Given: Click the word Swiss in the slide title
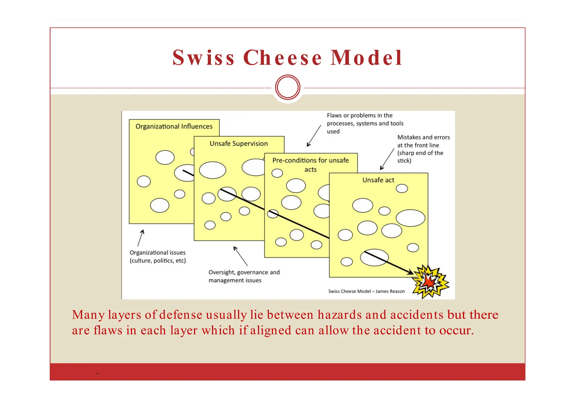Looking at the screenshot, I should pyautogui.click(x=203, y=58).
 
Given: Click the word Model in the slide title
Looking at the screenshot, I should pyautogui.click(x=366, y=58).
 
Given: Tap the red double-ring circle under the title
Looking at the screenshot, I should pyautogui.click(x=288, y=87).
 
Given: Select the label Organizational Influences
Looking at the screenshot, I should pyautogui.click(x=174, y=126).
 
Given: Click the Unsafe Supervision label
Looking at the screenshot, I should pyautogui.click(x=239, y=144).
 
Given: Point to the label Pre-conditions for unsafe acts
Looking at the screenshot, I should pyautogui.click(x=311, y=164).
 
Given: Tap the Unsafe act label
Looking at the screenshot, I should pyautogui.click(x=378, y=180).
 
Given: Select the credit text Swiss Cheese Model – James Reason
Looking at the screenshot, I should pyautogui.click(x=366, y=291).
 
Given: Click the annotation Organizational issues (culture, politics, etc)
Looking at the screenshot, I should pyautogui.click(x=158, y=256).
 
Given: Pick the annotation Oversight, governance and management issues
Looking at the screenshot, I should pyautogui.click(x=244, y=276).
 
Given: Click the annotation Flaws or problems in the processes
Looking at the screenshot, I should pyautogui.click(x=365, y=123).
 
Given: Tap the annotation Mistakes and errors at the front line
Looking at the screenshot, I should pyautogui.click(x=423, y=149).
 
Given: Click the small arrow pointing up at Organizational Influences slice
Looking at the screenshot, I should pyautogui.click(x=141, y=238).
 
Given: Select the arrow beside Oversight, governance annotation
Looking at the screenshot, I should pyautogui.click(x=241, y=256).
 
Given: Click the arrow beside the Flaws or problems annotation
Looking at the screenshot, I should pyautogui.click(x=314, y=136).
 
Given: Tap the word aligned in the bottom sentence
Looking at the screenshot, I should pyautogui.click(x=271, y=330).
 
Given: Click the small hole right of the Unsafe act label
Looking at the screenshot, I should pyautogui.click(x=402, y=188).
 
